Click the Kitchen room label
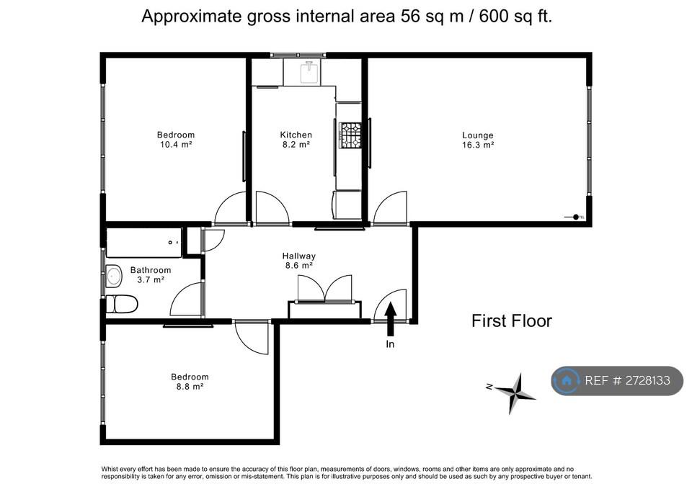pyautogui.click(x=296, y=135)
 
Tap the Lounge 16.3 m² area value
pyautogui.click(x=477, y=145)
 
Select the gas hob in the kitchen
pyautogui.click(x=350, y=135)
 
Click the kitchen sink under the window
pyautogui.click(x=309, y=73)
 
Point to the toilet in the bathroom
pyautogui.click(x=122, y=304)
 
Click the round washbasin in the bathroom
pyautogui.click(x=114, y=277)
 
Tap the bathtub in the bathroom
pyautogui.click(x=144, y=243)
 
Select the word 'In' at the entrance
pyautogui.click(x=390, y=344)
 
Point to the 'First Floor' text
pyautogui.click(x=512, y=321)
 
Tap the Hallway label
pyautogui.click(x=298, y=256)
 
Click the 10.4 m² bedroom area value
pyautogui.click(x=176, y=145)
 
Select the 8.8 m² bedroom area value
pyautogui.click(x=190, y=387)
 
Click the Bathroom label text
pyautogui.click(x=151, y=270)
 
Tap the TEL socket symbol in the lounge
pyautogui.click(x=575, y=217)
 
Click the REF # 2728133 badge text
pyautogui.click(x=627, y=380)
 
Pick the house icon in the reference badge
pyautogui.click(x=567, y=380)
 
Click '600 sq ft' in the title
pyautogui.click(x=515, y=17)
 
